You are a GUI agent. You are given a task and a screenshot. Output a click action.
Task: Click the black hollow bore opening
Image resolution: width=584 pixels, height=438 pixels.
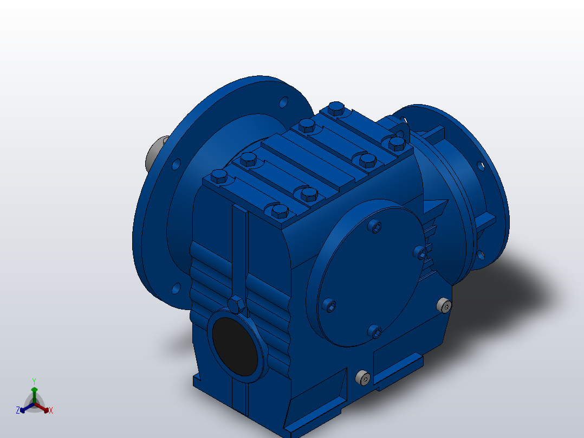click(235, 346)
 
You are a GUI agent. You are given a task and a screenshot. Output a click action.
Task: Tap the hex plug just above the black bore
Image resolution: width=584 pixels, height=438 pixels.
click(236, 305)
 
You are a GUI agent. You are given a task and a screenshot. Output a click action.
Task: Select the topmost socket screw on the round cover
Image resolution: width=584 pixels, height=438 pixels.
click(375, 226)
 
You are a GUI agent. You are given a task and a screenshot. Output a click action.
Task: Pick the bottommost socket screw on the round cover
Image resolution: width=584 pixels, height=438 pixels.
click(375, 331)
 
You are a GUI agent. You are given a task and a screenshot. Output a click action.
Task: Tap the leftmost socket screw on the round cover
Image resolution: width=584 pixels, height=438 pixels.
click(329, 305)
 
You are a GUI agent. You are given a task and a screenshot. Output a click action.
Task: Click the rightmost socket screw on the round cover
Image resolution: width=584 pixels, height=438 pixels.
click(420, 254)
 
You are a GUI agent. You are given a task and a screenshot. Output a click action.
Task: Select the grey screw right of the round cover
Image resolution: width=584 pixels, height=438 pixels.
click(444, 305)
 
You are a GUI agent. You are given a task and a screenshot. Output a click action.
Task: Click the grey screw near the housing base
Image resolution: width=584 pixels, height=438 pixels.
click(363, 378)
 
